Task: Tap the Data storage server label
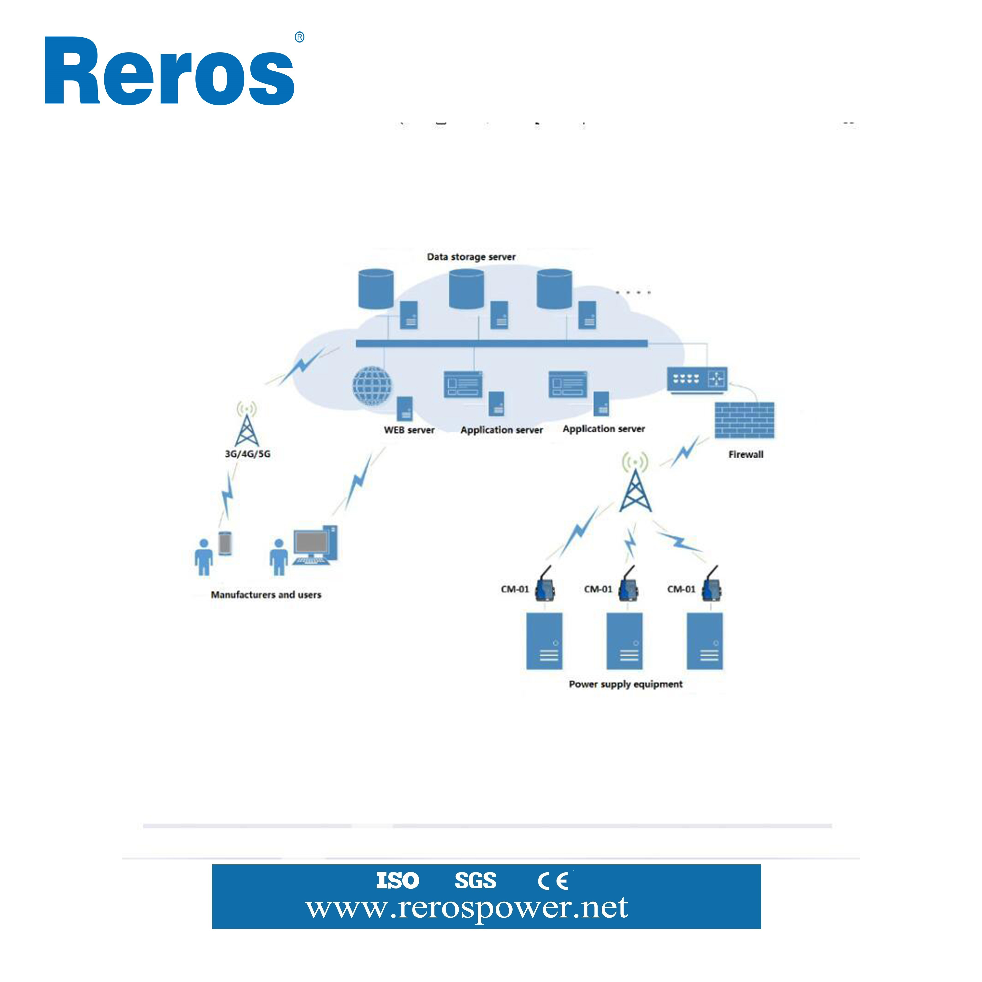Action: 471,257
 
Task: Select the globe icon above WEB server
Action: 372,385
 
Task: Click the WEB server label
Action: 409,430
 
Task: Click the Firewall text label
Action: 746,454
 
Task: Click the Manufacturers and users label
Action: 266,595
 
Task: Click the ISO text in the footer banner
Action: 397,880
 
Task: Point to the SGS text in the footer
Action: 475,880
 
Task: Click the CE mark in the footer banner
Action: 553,881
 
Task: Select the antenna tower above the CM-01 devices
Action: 635,483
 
